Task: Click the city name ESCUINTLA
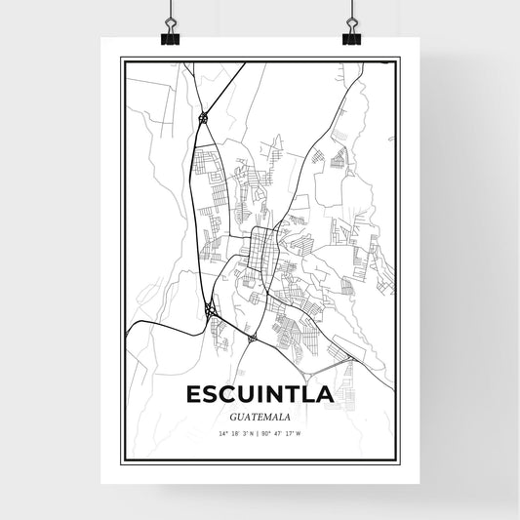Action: pos(260,395)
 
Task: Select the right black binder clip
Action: pos(350,33)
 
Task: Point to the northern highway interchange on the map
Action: pos(202,117)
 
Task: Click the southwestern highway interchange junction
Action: pos(209,311)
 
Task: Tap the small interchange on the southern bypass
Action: pos(252,339)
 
